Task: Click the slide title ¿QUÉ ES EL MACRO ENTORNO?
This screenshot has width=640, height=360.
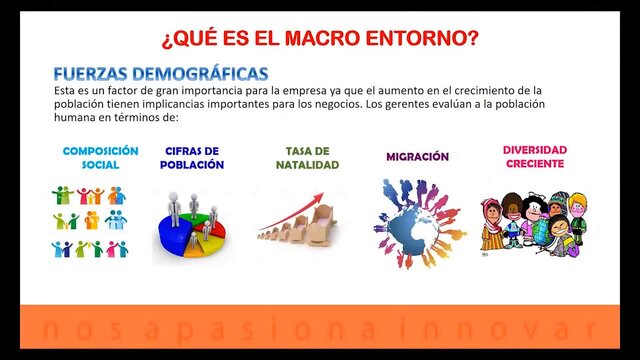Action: [320, 39]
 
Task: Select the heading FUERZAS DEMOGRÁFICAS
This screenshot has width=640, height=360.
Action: [160, 74]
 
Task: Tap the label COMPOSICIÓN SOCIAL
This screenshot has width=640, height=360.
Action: [100, 158]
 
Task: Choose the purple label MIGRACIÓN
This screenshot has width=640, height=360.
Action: [417, 157]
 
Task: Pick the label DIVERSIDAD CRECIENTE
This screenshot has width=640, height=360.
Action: [534, 157]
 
